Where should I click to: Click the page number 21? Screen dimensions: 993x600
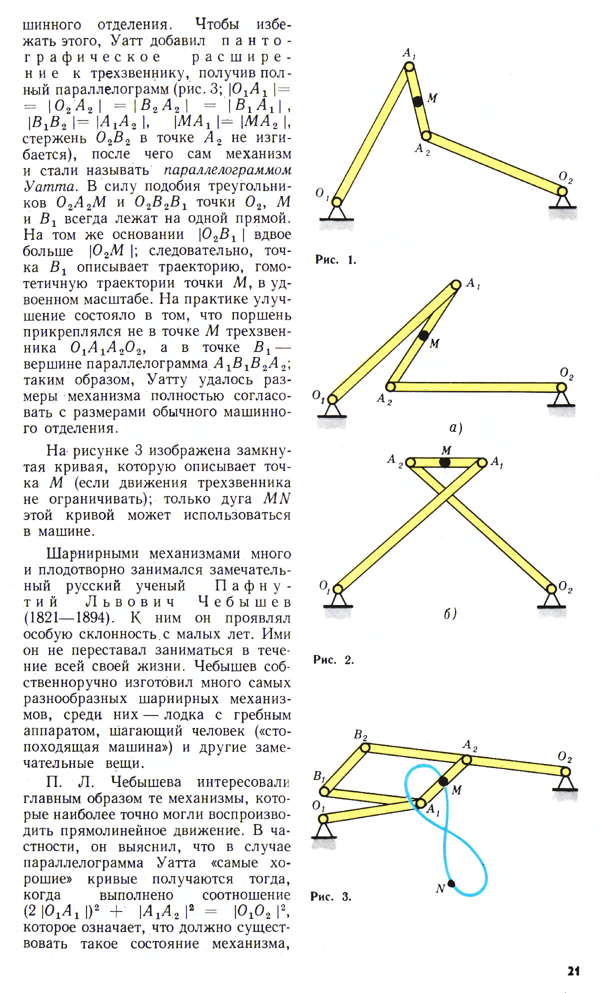pyautogui.click(x=573, y=970)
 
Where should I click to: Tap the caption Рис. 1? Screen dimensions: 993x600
pyautogui.click(x=335, y=259)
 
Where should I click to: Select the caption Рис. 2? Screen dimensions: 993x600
pyautogui.click(x=333, y=659)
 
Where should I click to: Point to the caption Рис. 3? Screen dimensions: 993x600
pyautogui.click(x=331, y=896)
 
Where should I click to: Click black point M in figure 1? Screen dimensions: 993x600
pyautogui.click(x=418, y=101)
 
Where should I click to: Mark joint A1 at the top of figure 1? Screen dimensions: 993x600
pyautogui.click(x=409, y=66)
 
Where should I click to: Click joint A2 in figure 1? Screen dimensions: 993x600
pyautogui.click(x=425, y=135)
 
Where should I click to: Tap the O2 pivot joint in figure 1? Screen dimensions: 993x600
pyautogui.click(x=562, y=191)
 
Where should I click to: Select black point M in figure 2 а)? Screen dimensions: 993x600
pyautogui.click(x=423, y=335)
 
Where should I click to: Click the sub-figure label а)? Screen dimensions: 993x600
pyautogui.click(x=455, y=427)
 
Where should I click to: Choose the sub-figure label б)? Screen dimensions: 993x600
pyautogui.click(x=450, y=613)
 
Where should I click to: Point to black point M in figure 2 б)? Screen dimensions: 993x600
pyautogui.click(x=445, y=462)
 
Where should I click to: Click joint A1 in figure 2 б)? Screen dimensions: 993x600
pyautogui.click(x=482, y=463)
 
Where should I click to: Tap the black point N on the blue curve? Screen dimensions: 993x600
pyautogui.click(x=451, y=883)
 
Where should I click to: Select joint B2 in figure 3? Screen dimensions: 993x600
pyautogui.click(x=365, y=747)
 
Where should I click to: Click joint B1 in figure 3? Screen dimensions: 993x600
pyautogui.click(x=324, y=791)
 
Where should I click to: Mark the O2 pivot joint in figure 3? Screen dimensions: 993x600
pyautogui.click(x=565, y=772)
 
